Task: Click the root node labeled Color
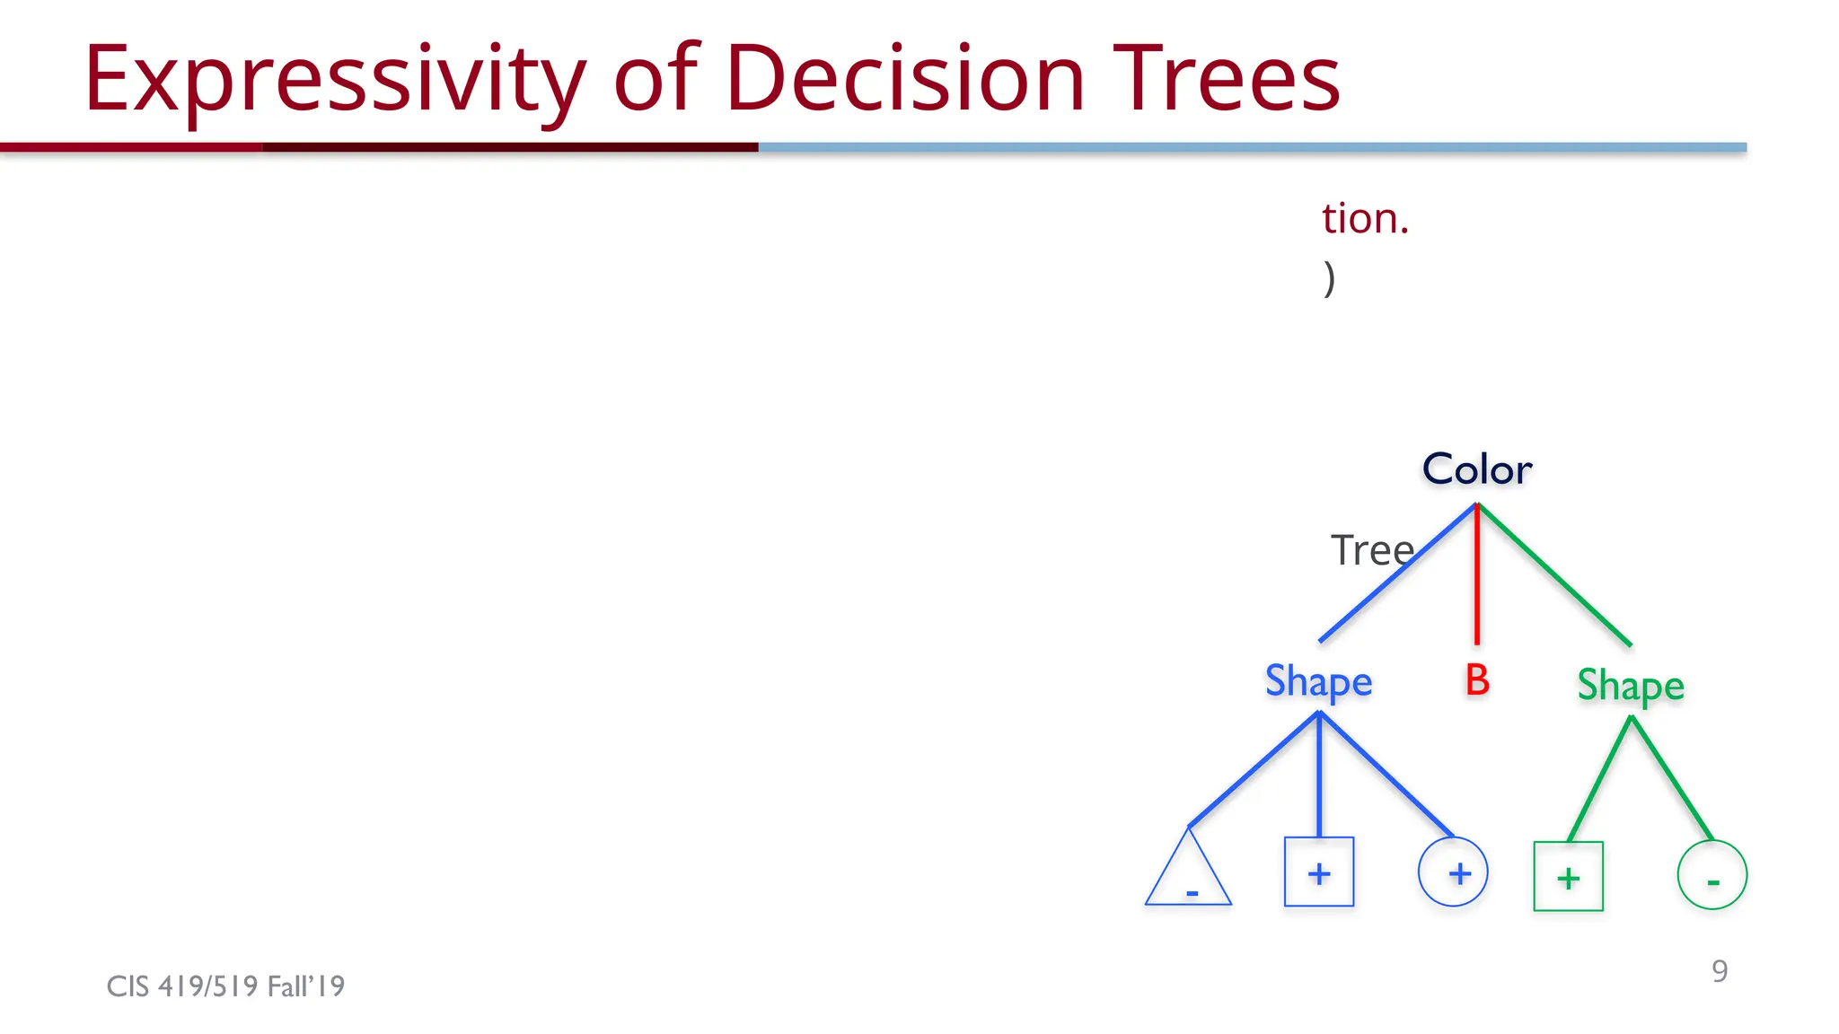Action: coord(1477,469)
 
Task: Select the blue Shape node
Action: coord(1318,681)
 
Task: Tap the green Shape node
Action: coord(1631,686)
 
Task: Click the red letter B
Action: coord(1477,680)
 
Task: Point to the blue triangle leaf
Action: coord(1188,875)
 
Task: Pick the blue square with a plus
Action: coord(1319,872)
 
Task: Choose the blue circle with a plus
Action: coord(1453,872)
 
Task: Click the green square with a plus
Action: coord(1568,877)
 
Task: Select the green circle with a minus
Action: coord(1711,876)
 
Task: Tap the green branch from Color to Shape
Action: coord(1554,575)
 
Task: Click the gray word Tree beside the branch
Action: coord(1371,550)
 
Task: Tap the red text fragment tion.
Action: coord(1365,219)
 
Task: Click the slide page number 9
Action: coord(1720,971)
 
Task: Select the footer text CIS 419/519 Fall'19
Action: coord(225,986)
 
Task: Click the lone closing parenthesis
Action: coord(1329,279)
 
